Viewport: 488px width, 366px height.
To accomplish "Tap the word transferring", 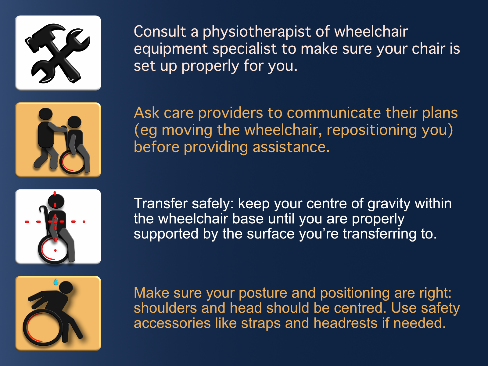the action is coord(380,234).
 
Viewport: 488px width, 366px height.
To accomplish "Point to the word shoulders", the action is coord(165,308).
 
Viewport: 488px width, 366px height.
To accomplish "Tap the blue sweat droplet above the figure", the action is coord(56,282).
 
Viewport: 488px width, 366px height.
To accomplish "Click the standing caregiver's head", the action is coord(45,114).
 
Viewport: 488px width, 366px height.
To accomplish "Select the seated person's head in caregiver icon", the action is coord(74,122).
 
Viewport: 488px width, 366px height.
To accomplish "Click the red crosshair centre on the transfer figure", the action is coord(56,221).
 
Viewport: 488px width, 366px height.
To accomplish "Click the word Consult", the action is coord(160,31).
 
